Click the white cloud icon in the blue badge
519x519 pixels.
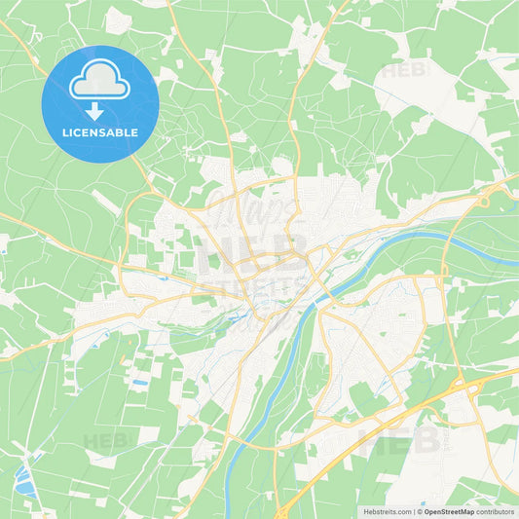(99, 82)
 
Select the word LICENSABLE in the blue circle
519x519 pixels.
(100, 130)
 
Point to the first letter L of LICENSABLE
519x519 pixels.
(65, 130)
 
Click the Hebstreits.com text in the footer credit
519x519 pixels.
(388, 510)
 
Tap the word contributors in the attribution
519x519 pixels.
(497, 510)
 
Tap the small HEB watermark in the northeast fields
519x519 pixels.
(403, 71)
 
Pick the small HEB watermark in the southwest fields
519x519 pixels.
(106, 441)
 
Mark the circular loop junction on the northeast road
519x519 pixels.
(484, 202)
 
